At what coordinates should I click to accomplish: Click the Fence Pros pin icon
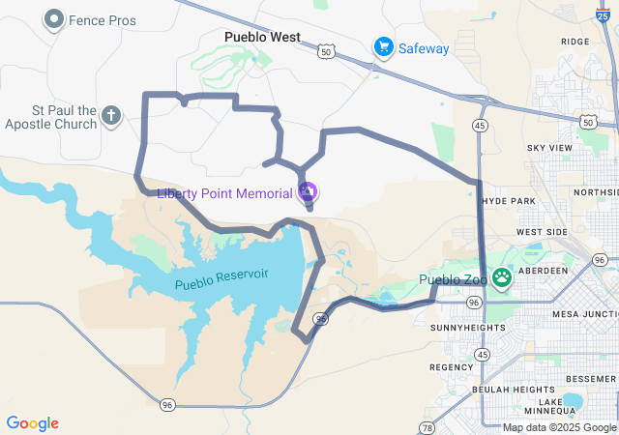click(x=54, y=18)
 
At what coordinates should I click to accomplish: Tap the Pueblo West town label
click(x=262, y=38)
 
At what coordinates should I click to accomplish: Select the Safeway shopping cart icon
click(x=384, y=46)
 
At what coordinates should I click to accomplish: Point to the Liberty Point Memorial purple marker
click(x=308, y=192)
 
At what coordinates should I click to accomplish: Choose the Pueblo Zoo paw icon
click(x=501, y=279)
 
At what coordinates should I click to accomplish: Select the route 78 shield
click(x=427, y=426)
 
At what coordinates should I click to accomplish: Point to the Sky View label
click(x=549, y=148)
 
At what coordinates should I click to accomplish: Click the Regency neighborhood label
click(x=451, y=367)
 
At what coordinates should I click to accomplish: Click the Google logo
click(x=32, y=423)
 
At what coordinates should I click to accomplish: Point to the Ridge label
click(x=574, y=42)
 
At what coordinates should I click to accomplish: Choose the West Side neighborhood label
click(x=542, y=233)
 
